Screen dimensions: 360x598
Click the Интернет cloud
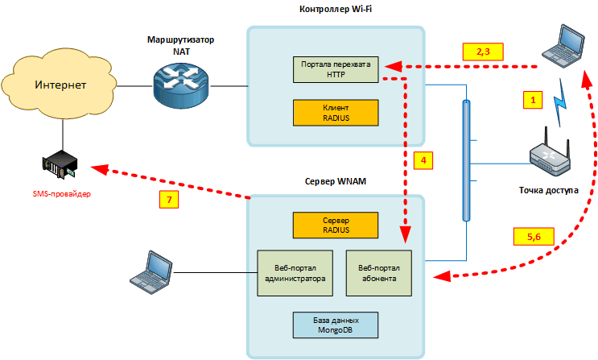tap(60, 84)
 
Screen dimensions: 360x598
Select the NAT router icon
tap(181, 84)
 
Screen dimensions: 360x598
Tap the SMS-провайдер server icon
tap(60, 167)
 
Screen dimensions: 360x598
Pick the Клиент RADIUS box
tap(336, 112)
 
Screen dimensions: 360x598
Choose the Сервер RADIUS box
tap(336, 225)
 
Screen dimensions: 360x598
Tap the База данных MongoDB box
tap(336, 325)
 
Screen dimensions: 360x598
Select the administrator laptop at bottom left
tap(152, 270)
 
